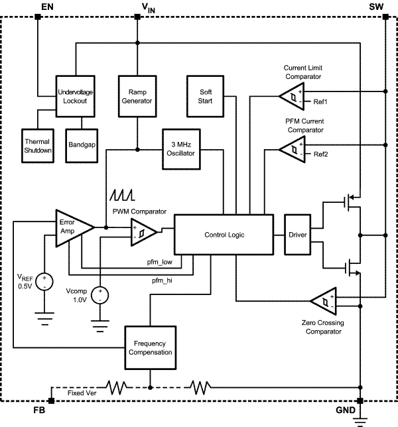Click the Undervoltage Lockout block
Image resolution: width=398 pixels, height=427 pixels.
(76, 96)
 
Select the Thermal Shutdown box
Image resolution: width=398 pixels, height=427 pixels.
(37, 146)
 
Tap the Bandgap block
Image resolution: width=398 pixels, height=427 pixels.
(82, 143)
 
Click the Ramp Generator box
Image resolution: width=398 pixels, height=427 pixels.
(136, 96)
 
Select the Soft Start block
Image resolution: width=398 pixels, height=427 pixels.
(204, 96)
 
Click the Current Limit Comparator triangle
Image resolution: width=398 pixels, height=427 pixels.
(290, 97)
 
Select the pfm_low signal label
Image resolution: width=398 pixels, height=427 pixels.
(160, 263)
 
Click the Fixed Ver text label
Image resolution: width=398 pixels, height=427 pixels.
(83, 393)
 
